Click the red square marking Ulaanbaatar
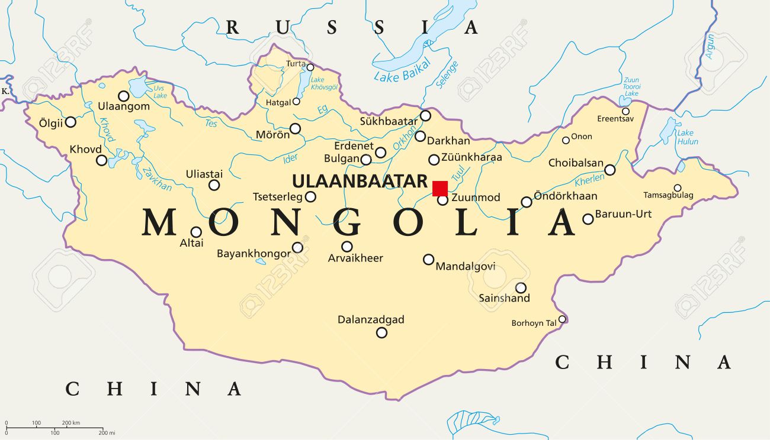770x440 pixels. (x=439, y=188)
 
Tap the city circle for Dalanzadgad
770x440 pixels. (x=382, y=332)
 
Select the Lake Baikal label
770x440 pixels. (x=401, y=75)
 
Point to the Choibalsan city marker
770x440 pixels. (x=609, y=170)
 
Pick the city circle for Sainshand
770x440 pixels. (x=521, y=288)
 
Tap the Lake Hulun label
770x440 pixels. (x=687, y=137)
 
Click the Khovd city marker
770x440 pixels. (x=102, y=160)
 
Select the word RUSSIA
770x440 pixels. (x=352, y=27)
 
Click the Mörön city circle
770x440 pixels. (x=295, y=128)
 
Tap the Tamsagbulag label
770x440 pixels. (x=668, y=195)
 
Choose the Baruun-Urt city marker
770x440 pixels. (x=588, y=219)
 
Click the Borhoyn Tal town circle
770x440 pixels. (x=562, y=319)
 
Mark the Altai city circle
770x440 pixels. (x=195, y=232)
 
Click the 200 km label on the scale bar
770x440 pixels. (x=70, y=422)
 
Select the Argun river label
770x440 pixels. (x=709, y=46)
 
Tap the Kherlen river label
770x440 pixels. (x=589, y=179)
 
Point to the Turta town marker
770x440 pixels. (x=310, y=67)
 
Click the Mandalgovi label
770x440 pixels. (x=466, y=267)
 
